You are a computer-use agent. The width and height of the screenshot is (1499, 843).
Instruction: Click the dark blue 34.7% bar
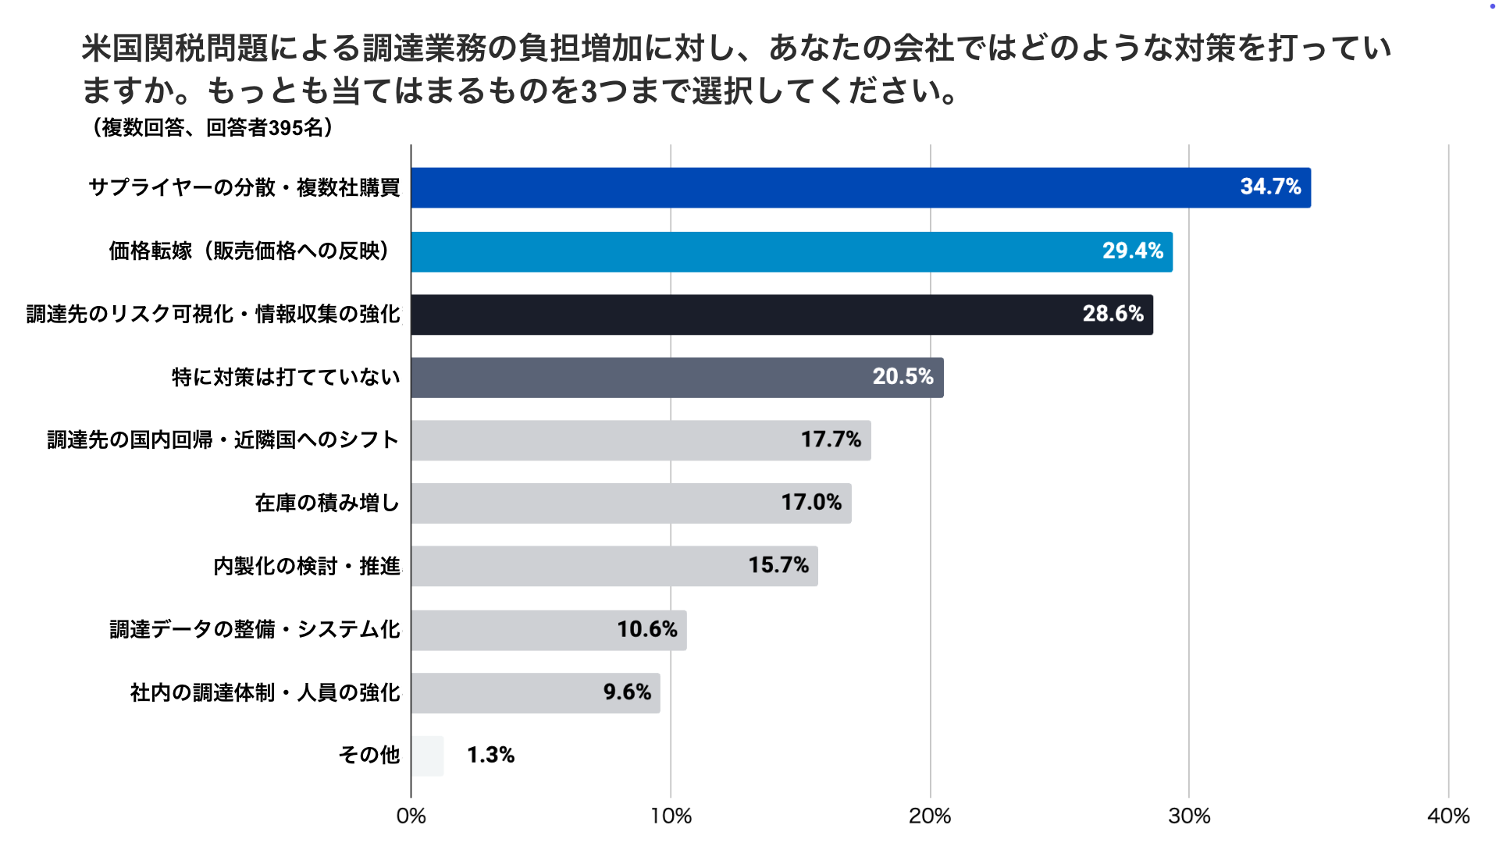point(859,187)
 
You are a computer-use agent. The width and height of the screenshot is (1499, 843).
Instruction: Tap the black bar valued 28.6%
point(781,315)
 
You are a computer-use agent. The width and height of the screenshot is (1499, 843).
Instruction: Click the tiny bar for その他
point(427,756)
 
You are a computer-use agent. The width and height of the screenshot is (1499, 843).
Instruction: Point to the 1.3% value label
point(490,756)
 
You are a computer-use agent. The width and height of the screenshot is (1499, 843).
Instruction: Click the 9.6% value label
point(627,692)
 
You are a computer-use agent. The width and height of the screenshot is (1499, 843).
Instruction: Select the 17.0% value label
point(811,503)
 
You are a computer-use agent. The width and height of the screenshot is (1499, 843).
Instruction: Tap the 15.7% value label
point(778,566)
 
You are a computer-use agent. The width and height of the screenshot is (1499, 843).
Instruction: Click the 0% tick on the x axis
point(411,816)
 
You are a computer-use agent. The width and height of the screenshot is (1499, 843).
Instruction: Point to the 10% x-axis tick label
point(671,816)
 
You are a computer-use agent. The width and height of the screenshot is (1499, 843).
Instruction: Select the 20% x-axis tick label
point(930,816)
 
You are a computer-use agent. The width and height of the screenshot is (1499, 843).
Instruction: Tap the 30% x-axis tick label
point(1189,816)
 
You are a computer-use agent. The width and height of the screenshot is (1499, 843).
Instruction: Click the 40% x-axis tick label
point(1448,816)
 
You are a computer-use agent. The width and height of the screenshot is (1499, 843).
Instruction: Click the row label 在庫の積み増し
point(327,503)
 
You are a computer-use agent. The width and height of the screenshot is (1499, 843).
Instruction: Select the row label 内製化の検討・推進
point(307,567)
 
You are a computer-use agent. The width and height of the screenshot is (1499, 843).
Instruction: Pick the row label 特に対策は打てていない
point(286,378)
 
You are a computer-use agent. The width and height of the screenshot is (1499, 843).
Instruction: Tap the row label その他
point(369,756)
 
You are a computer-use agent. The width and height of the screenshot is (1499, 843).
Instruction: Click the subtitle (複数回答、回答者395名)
point(212,127)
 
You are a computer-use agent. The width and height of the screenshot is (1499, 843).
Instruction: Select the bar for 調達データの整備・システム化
point(548,630)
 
